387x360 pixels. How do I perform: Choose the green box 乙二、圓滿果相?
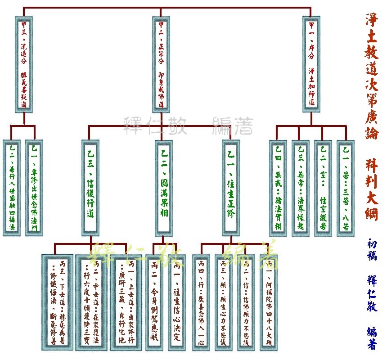tap(164, 188)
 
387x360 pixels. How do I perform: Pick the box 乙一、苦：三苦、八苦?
tap(346, 188)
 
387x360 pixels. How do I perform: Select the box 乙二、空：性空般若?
tap(323, 188)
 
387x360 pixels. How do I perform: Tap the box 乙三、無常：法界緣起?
tap(300, 188)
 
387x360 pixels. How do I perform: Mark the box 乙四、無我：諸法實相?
tap(278, 188)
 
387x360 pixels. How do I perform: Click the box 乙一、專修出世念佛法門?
tap(35, 188)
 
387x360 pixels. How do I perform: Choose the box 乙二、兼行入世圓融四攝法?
tap(12, 188)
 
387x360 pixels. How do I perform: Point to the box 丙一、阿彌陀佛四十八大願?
tap(269, 302)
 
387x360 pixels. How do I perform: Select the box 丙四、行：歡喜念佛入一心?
tap(200, 302)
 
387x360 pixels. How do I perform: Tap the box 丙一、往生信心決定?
tap(177, 302)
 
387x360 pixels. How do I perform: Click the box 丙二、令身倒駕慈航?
tap(155, 302)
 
